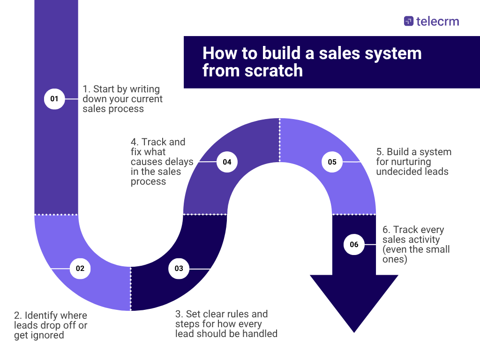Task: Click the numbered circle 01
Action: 54,99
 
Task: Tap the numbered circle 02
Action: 80,269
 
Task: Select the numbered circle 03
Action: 179,269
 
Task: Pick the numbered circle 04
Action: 227,162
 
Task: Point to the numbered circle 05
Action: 332,162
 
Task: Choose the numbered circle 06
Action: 354,244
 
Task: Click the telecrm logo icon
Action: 409,21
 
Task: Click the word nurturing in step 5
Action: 398,162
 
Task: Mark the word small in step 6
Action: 436,249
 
